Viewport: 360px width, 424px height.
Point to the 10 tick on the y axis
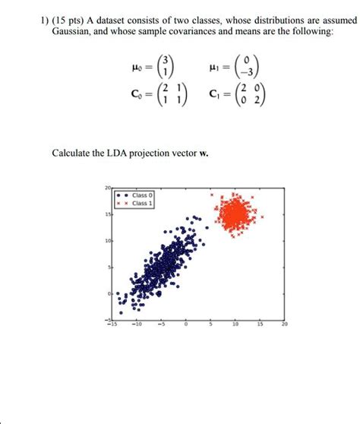click(x=109, y=241)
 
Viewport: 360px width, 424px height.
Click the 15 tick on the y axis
click(x=109, y=215)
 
